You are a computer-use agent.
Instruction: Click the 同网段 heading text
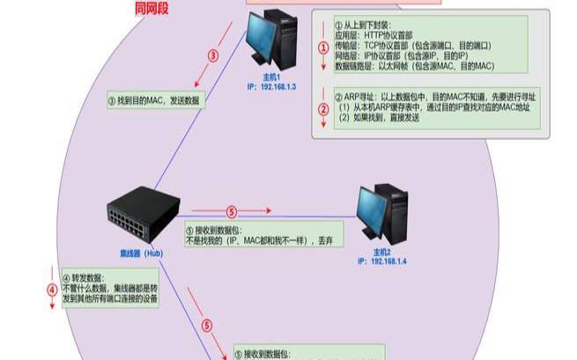tap(152, 8)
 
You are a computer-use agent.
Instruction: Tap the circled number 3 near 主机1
tap(212, 55)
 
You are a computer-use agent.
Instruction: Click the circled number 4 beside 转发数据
tap(52, 289)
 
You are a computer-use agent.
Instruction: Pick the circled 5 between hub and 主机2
tap(232, 211)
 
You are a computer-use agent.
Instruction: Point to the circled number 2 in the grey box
tap(323, 110)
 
